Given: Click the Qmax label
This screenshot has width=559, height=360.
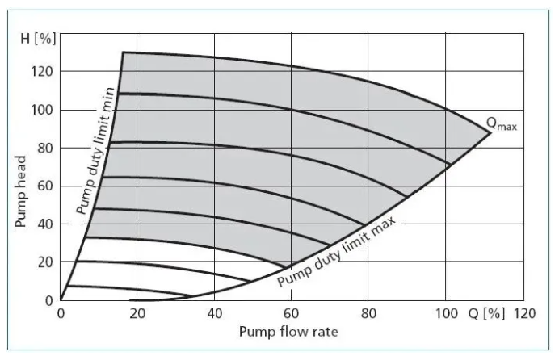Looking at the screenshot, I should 501,124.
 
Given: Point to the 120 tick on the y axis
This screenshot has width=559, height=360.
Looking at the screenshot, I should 43,72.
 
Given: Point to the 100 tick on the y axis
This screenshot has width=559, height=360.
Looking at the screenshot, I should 43,110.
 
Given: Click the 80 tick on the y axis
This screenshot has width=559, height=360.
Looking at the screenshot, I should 45,149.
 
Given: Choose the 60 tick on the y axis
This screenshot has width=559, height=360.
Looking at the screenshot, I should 45,186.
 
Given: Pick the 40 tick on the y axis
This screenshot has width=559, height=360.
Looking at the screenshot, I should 45,224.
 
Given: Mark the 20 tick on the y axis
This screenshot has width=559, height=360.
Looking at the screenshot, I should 45,262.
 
